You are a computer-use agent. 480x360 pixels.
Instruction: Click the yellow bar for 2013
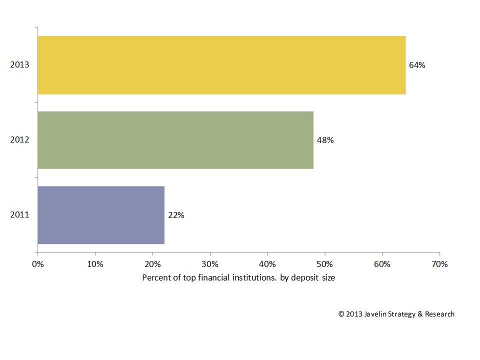[x=221, y=65]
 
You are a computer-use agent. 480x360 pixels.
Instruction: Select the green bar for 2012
[x=175, y=140]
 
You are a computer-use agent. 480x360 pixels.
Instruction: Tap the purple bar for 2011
[x=101, y=215]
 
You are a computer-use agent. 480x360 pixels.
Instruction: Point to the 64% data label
[x=417, y=65]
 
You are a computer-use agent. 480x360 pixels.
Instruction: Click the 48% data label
[x=325, y=140]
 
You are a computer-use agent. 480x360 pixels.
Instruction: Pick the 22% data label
[x=176, y=215]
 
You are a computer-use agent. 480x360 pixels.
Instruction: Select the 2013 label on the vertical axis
[x=20, y=65]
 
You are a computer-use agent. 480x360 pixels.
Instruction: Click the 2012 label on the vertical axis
[x=20, y=140]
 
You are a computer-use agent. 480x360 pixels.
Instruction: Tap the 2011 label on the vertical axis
[x=20, y=215]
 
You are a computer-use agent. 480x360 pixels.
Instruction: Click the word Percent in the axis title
[x=155, y=277]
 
